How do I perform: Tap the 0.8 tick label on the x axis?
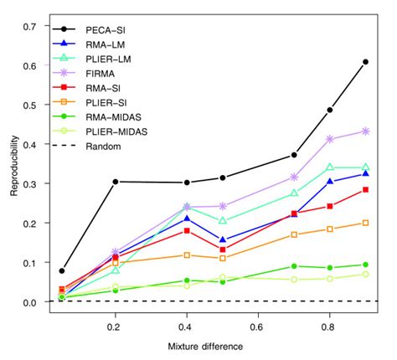pyautogui.click(x=330, y=320)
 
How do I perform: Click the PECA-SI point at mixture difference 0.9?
pyautogui.click(x=366, y=62)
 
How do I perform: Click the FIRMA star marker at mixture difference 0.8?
pyautogui.click(x=330, y=139)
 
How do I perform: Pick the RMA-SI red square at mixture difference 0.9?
pyautogui.click(x=366, y=190)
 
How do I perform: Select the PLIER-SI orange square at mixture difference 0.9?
pyautogui.click(x=366, y=223)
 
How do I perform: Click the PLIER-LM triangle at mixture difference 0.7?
pyautogui.click(x=294, y=193)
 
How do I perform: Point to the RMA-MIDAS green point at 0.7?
pyautogui.click(x=294, y=266)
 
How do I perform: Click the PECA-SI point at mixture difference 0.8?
pyautogui.click(x=330, y=110)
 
